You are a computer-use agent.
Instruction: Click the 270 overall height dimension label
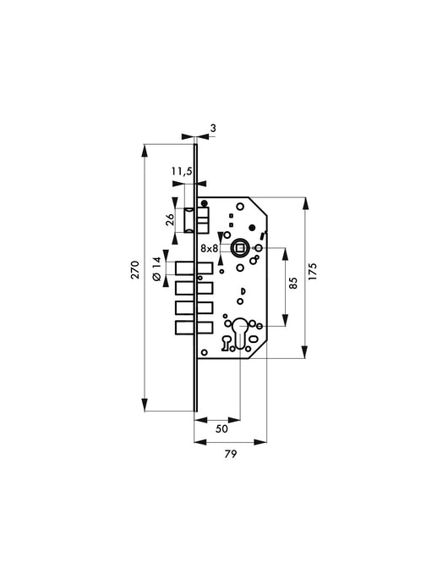pyautogui.click(x=135, y=269)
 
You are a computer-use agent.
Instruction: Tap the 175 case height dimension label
pyautogui.click(x=313, y=271)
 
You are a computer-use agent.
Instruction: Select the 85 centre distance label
pyautogui.click(x=292, y=283)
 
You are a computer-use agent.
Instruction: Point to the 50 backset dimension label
pyautogui.click(x=221, y=428)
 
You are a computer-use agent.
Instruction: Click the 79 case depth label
pyautogui.click(x=231, y=454)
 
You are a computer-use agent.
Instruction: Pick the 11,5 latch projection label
pyautogui.click(x=182, y=171)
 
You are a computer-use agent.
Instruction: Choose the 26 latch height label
pyautogui.click(x=170, y=219)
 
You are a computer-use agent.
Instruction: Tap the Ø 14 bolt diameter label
pyautogui.click(x=157, y=269)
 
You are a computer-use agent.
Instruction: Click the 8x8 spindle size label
pyautogui.click(x=210, y=249)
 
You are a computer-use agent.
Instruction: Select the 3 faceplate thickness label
pyautogui.click(x=213, y=128)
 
